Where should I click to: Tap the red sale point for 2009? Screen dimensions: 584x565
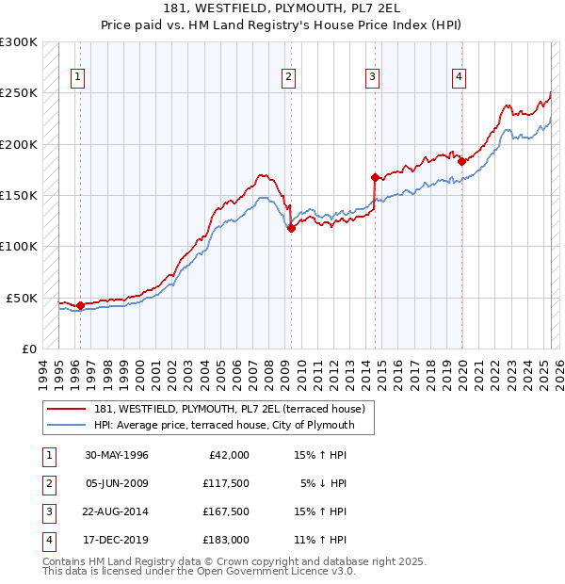pyautogui.click(x=291, y=228)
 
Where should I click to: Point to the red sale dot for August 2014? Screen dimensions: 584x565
pyautogui.click(x=375, y=177)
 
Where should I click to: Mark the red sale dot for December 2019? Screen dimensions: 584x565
pyautogui.click(x=461, y=161)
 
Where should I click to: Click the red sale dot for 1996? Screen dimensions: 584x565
pyautogui.click(x=80, y=305)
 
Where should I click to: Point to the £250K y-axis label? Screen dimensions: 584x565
pyautogui.click(x=19, y=93)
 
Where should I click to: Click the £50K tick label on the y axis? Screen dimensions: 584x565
pyautogui.click(x=22, y=298)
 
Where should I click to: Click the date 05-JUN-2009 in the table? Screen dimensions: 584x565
pyautogui.click(x=117, y=483)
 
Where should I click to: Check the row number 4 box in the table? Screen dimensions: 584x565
pyautogui.click(x=46, y=540)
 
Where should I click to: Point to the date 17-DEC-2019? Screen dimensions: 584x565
pyautogui.click(x=117, y=540)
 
